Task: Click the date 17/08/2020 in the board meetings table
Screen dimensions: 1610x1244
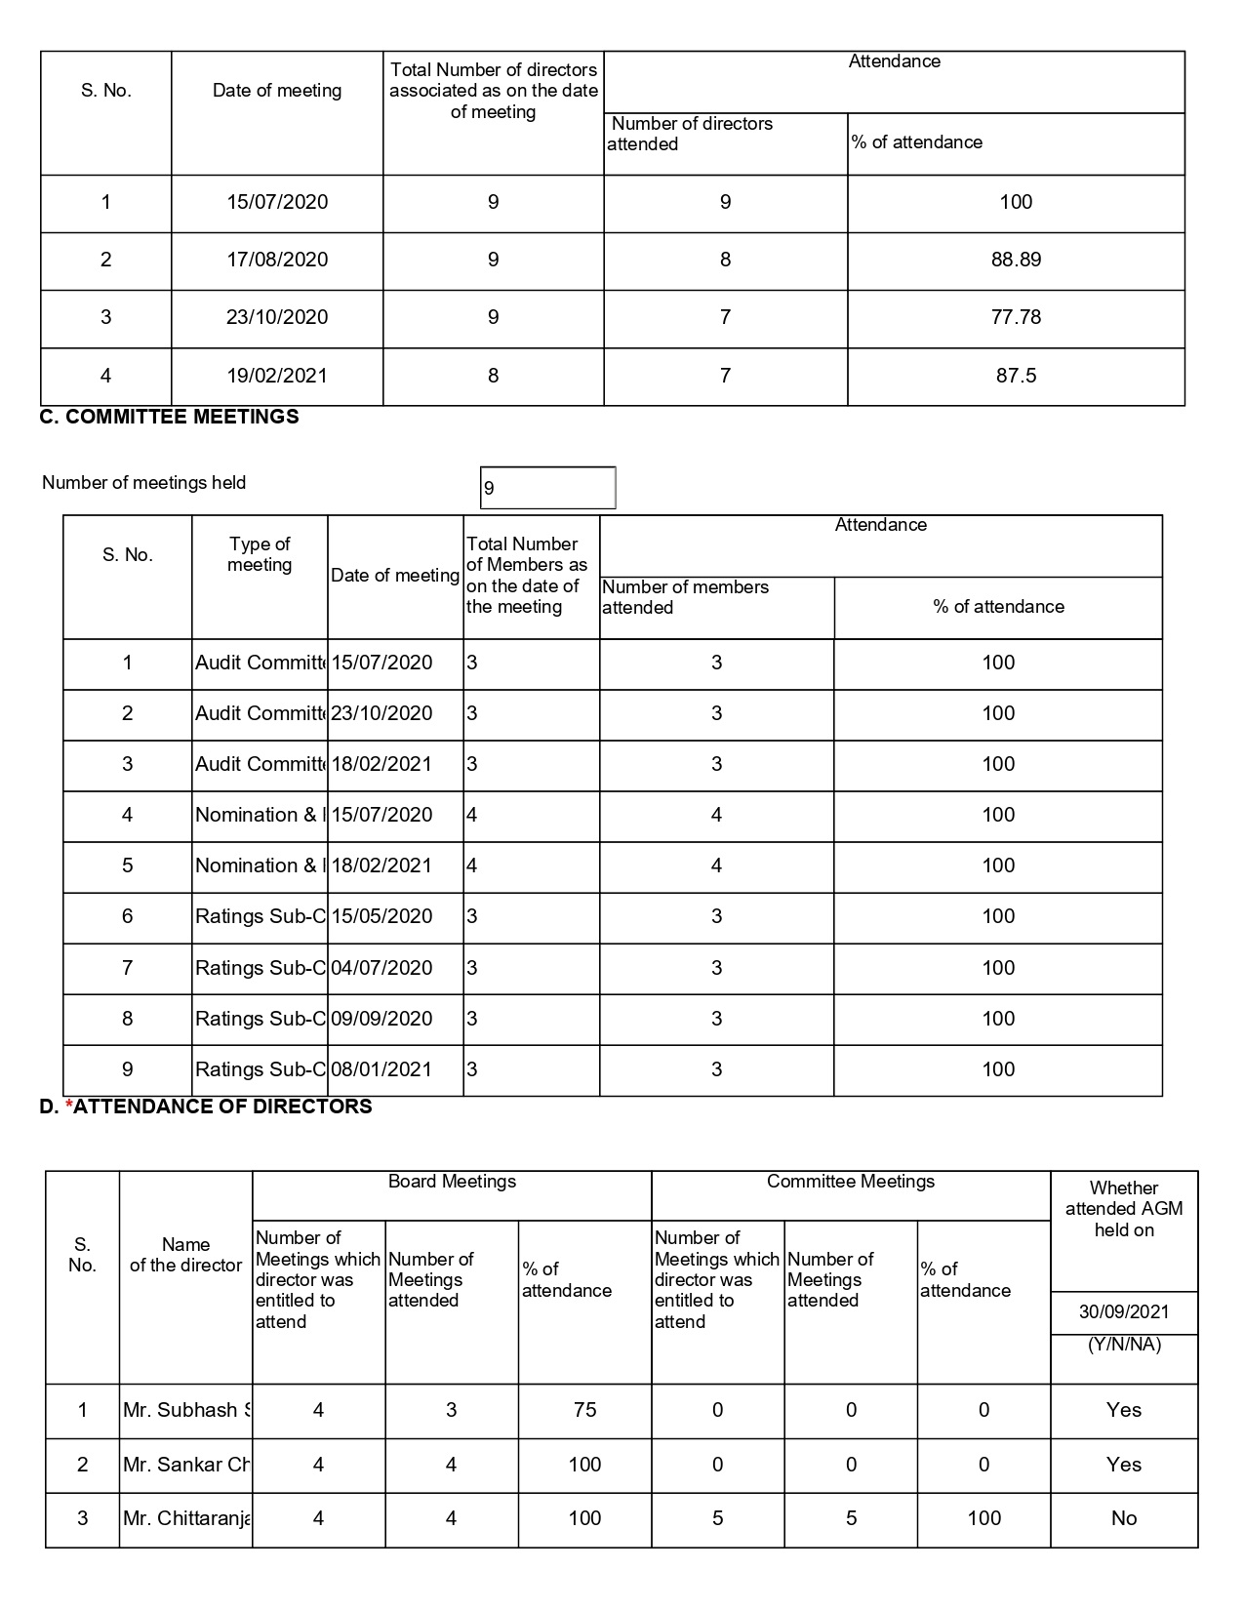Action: tap(277, 260)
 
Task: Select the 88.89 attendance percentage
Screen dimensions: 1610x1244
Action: tap(1016, 260)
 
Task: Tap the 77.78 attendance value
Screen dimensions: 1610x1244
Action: tap(1016, 317)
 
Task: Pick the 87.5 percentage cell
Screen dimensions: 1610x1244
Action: tap(1016, 376)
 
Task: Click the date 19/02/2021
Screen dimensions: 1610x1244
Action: tap(277, 376)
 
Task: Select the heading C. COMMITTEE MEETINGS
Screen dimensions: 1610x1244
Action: tap(169, 417)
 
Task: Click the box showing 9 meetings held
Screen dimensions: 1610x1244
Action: tap(547, 488)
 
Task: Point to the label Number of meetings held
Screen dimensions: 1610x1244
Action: tap(144, 483)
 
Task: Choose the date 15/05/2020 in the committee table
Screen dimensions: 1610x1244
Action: tap(381, 916)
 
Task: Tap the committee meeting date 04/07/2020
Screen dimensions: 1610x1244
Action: tap(381, 968)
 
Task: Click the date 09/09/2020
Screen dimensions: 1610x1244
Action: tap(381, 1019)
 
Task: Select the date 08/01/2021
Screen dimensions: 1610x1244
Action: tap(381, 1069)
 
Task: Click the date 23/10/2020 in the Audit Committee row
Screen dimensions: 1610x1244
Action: tap(381, 713)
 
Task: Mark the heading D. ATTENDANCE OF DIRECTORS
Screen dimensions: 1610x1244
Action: tap(206, 1107)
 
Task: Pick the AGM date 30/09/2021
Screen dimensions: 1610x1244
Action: tap(1124, 1312)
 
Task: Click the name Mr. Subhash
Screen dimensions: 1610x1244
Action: tap(185, 1410)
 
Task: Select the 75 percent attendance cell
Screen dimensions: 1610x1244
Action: tap(584, 1410)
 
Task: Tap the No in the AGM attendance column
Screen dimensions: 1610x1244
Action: tap(1124, 1518)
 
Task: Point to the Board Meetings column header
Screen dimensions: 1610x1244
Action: tap(452, 1182)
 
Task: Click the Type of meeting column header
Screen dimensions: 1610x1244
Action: tap(260, 554)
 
